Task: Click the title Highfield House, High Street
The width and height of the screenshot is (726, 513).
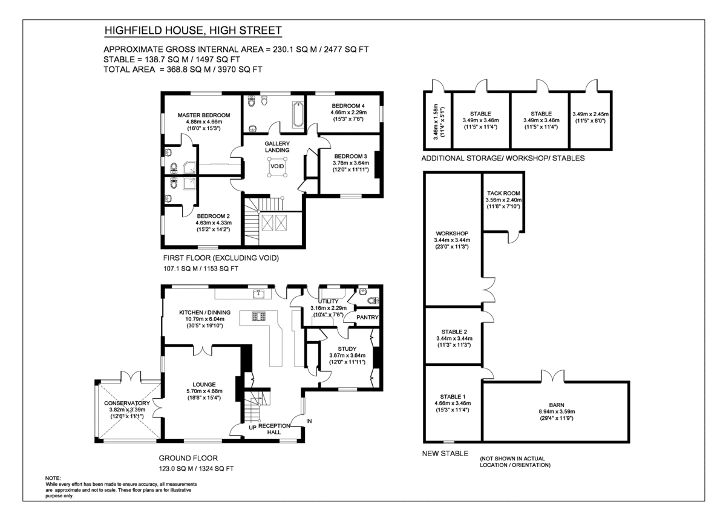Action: pyautogui.click(x=193, y=31)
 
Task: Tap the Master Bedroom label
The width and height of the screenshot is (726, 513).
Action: pyautogui.click(x=203, y=115)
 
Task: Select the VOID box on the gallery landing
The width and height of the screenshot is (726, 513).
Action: pyautogui.click(x=277, y=166)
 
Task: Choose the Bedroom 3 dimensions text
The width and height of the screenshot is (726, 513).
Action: pyautogui.click(x=351, y=163)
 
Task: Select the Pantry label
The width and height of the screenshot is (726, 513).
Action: pyautogui.click(x=367, y=317)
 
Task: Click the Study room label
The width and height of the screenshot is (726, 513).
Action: pyautogui.click(x=347, y=348)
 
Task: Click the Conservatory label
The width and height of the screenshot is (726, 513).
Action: pyautogui.click(x=126, y=403)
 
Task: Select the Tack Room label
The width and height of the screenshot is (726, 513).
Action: pyautogui.click(x=503, y=194)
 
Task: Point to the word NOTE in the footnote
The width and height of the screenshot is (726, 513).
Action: pyautogui.click(x=53, y=478)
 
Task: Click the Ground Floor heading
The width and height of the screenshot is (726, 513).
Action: pyautogui.click(x=188, y=458)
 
